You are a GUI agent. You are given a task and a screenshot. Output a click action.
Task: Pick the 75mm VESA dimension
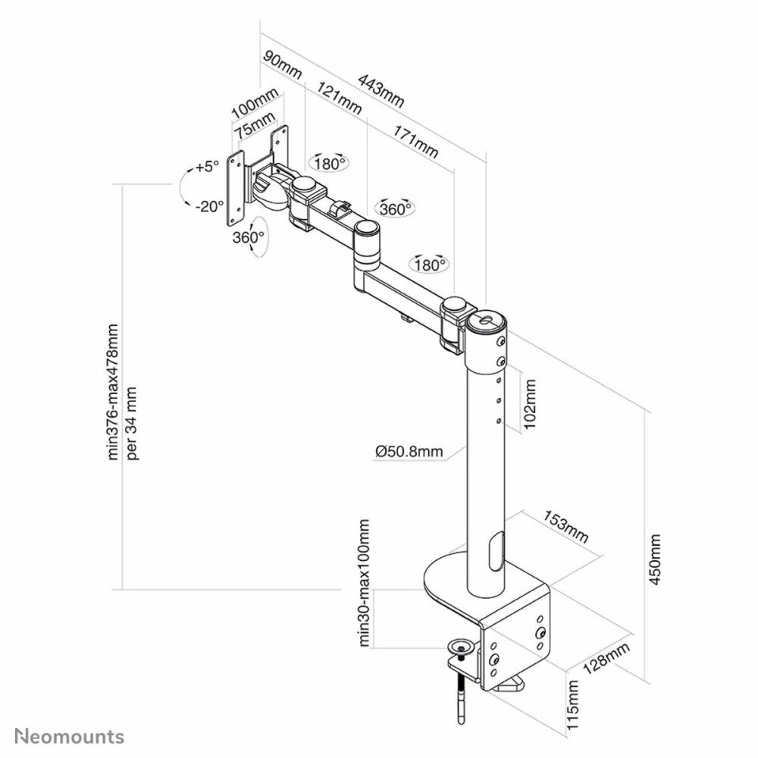point(255,126)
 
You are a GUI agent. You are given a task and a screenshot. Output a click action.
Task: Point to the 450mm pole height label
point(656,559)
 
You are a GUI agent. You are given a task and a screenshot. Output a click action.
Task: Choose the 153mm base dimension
point(565,528)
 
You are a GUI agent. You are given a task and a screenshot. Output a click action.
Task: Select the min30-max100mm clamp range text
point(365,584)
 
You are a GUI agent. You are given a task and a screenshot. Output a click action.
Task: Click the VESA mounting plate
point(237,188)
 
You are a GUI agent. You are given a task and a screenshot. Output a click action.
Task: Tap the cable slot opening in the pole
point(496,551)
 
